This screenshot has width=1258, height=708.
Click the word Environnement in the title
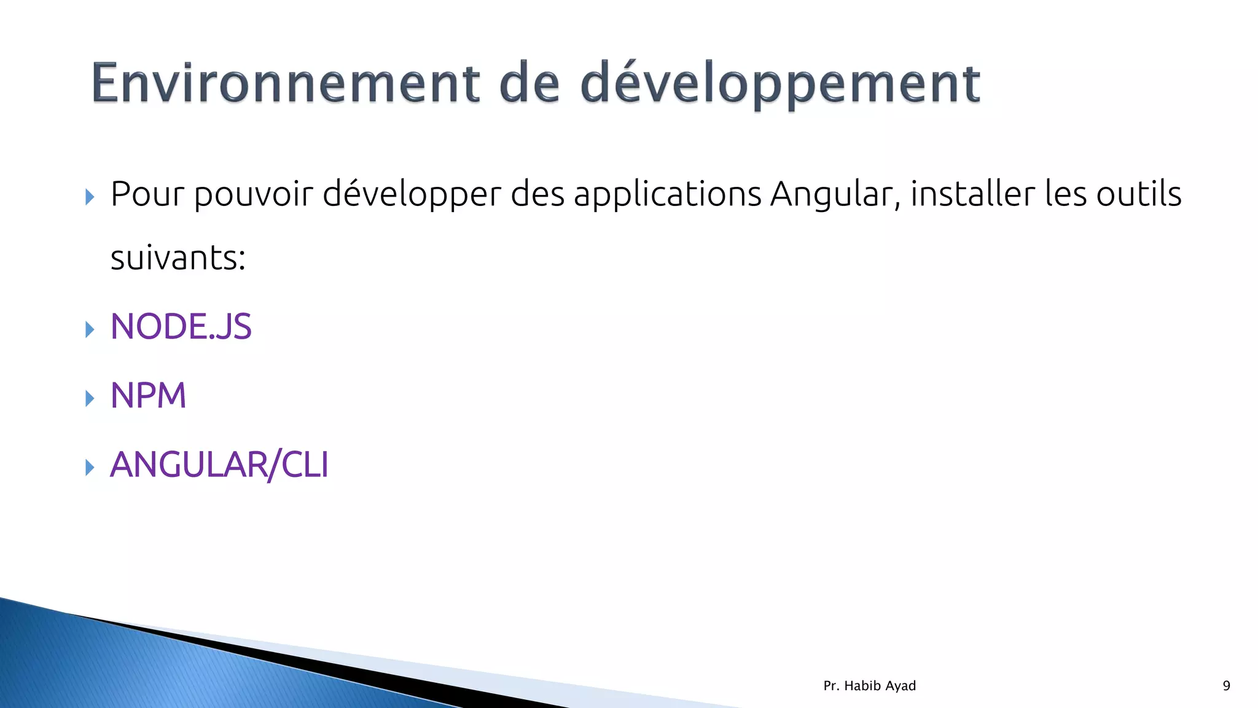click(x=285, y=84)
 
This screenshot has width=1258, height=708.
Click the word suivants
click(x=174, y=258)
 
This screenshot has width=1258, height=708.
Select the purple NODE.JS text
click(x=181, y=326)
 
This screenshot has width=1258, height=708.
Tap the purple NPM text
click(x=148, y=395)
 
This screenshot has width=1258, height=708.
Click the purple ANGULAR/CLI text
click(x=219, y=465)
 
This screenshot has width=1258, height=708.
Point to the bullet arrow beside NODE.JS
click(x=90, y=329)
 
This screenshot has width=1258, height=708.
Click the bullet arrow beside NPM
click(x=90, y=398)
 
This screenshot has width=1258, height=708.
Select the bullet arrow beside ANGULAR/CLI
click(x=90, y=468)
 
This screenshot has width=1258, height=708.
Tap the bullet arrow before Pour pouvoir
click(x=90, y=197)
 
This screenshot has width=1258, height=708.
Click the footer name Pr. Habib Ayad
click(x=869, y=686)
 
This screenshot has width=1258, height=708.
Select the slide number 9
click(x=1226, y=686)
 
